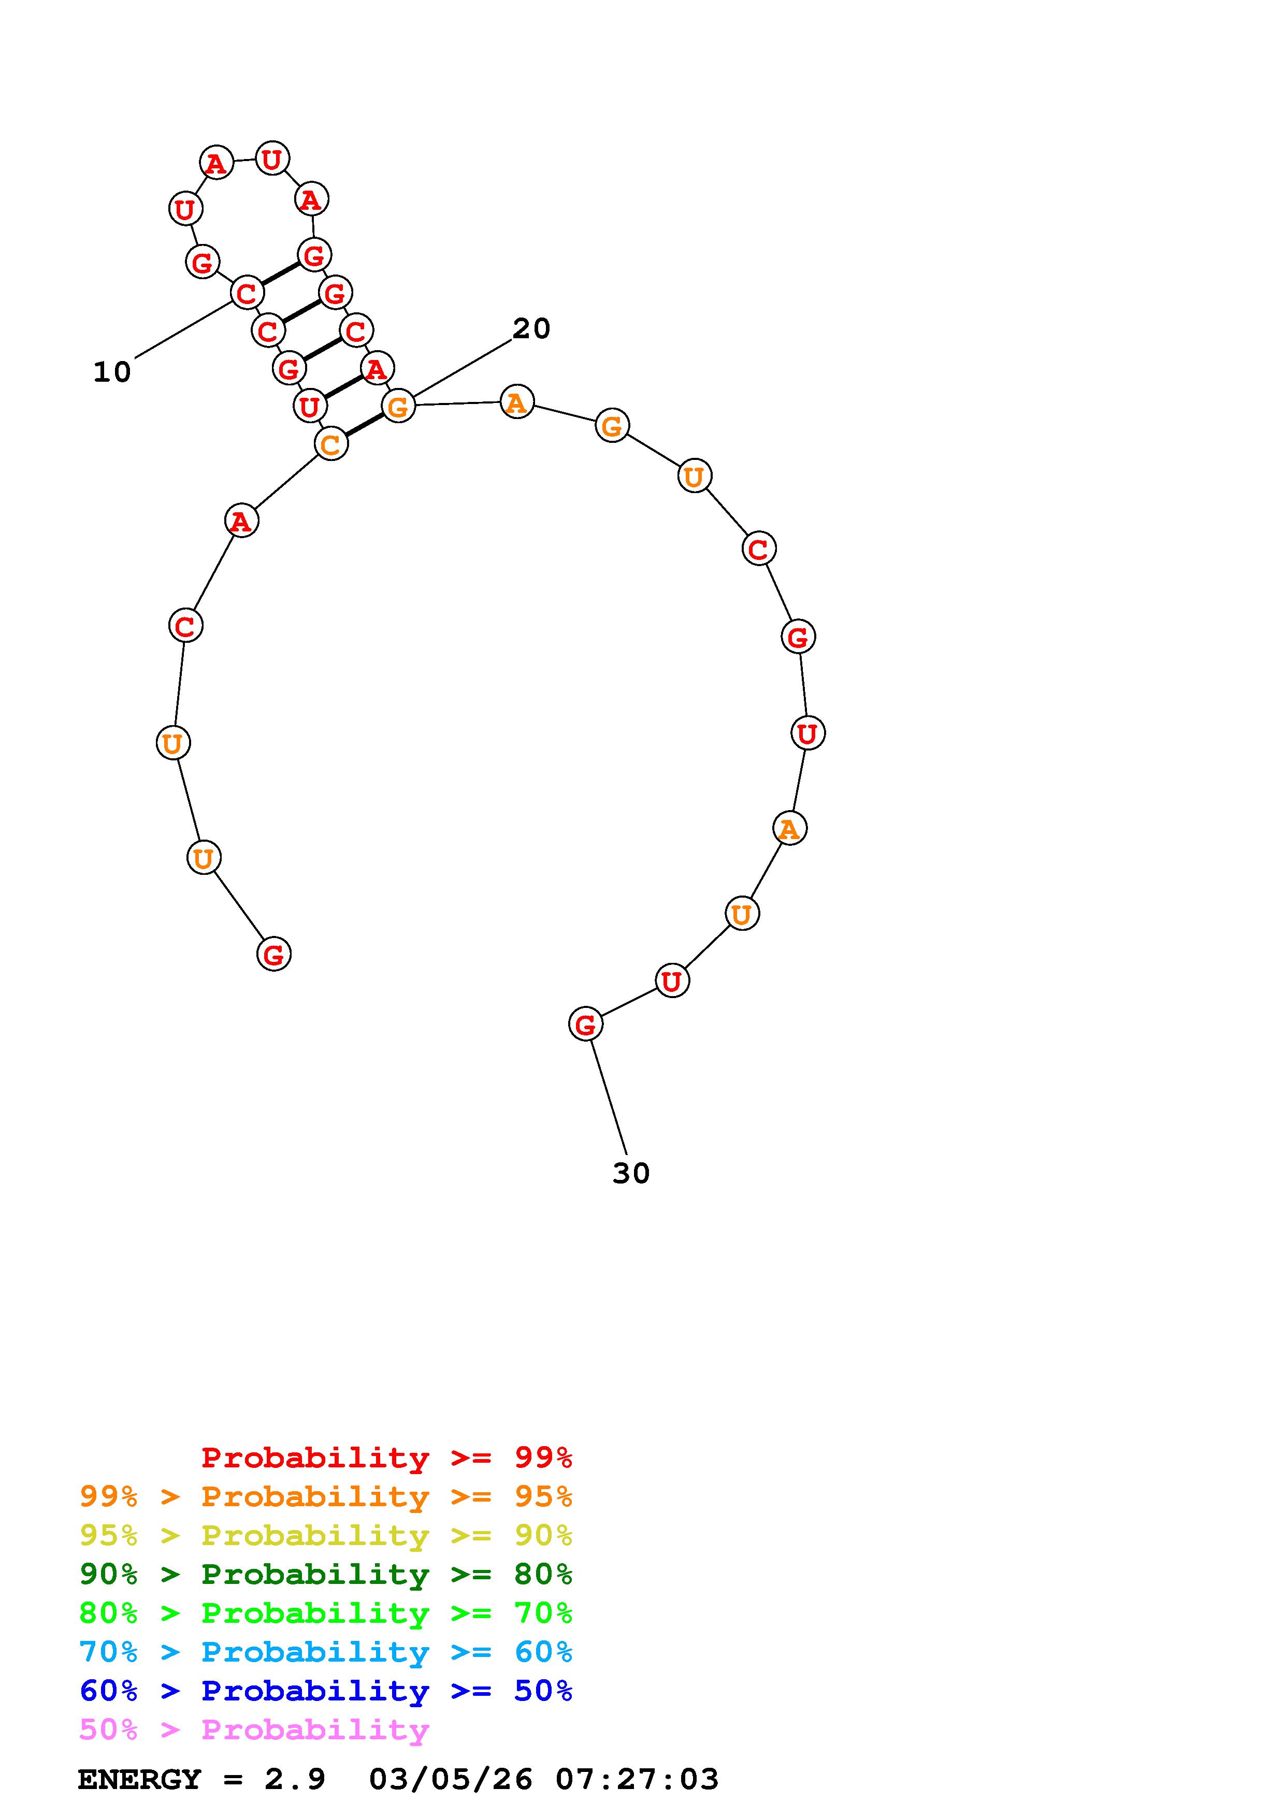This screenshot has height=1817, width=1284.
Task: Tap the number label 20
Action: pyautogui.click(x=531, y=328)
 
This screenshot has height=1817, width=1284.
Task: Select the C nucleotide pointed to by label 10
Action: pyautogui.click(x=247, y=293)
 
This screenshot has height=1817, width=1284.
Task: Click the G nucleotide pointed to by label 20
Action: pyautogui.click(x=398, y=406)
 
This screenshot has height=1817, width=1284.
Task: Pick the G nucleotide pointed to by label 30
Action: pyautogui.click(x=585, y=1024)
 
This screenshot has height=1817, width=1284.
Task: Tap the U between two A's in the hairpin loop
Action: pyautogui.click(x=272, y=159)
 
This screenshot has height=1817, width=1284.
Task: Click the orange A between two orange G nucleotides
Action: pyautogui.click(x=516, y=402)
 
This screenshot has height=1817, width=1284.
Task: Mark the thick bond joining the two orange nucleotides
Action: pyautogui.click(x=365, y=424)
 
